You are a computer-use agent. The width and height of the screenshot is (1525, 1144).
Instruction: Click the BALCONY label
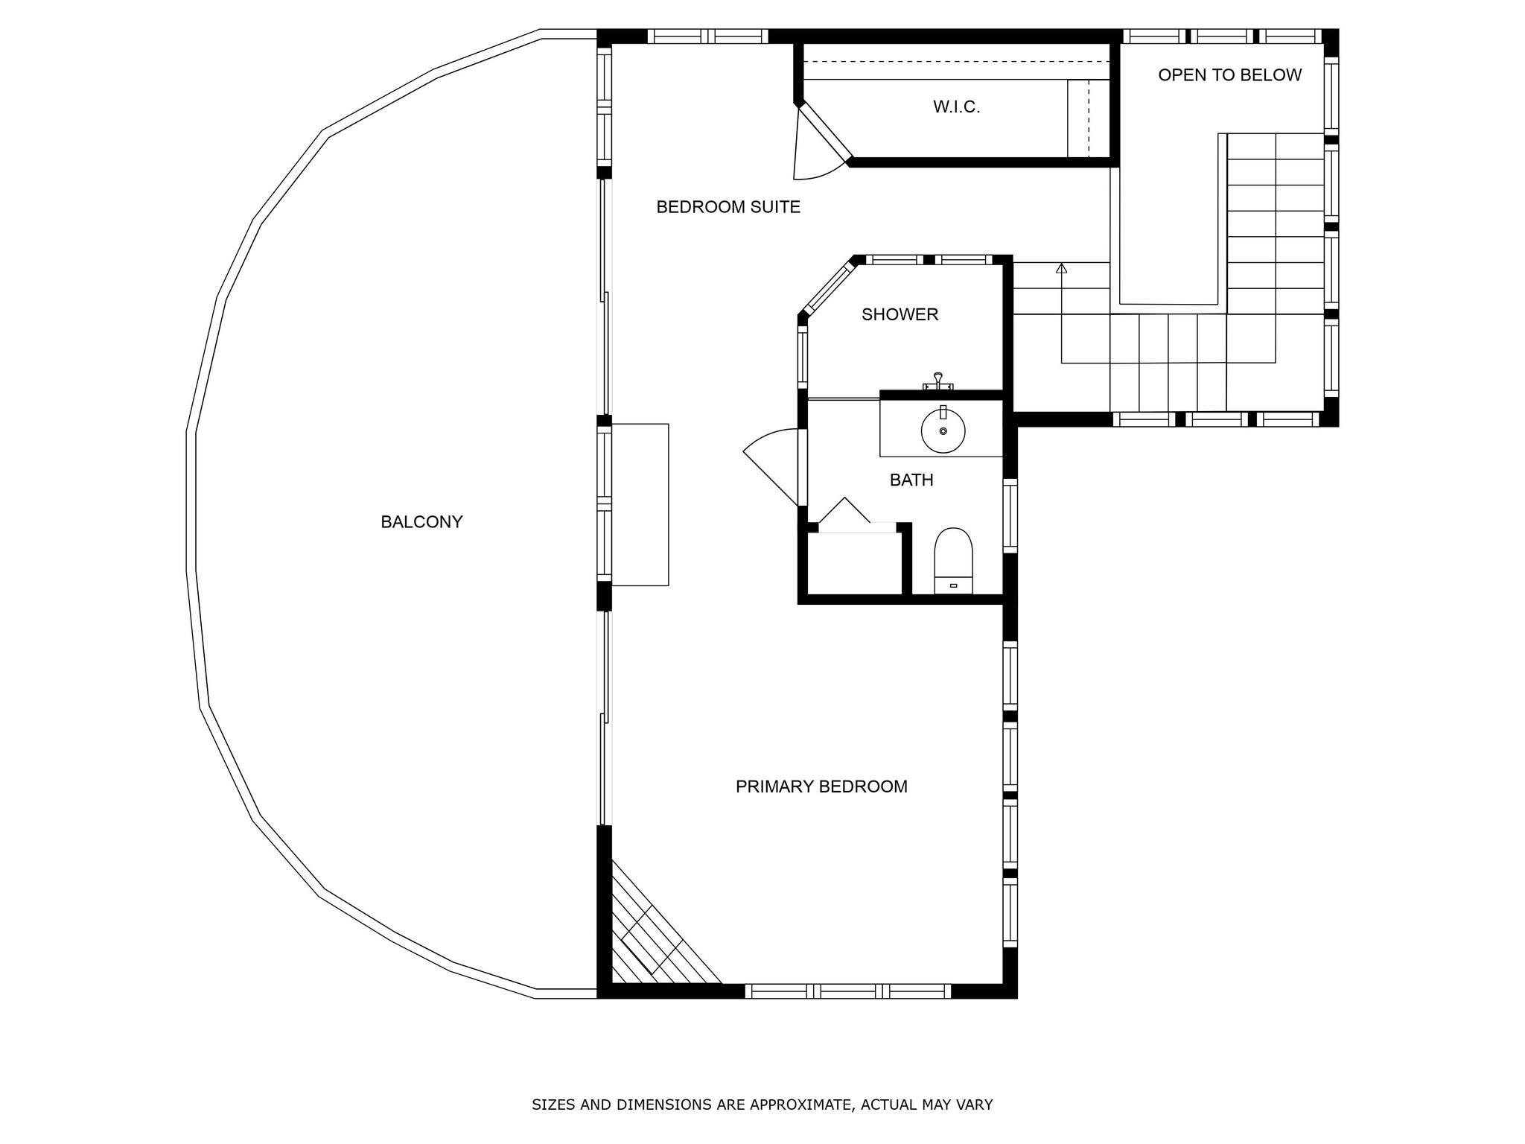coord(421,522)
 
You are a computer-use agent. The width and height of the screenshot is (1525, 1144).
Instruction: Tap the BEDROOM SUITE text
coord(728,207)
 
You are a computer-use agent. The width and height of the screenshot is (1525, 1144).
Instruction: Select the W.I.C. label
coord(957,107)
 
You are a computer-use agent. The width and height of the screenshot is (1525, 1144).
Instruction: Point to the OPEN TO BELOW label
coord(1230,74)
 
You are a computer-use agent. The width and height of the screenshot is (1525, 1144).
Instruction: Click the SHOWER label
coord(900,314)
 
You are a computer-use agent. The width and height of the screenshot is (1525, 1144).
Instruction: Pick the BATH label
coord(911,480)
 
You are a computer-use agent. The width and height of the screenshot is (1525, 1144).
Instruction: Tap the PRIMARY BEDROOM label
coord(821,786)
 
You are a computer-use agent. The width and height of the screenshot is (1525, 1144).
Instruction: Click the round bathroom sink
coord(943,430)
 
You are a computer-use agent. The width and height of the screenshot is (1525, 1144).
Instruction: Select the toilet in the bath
coord(954,561)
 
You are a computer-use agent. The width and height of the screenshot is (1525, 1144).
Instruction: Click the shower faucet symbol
coord(938,381)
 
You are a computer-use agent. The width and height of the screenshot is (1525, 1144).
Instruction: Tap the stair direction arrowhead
coord(1061,268)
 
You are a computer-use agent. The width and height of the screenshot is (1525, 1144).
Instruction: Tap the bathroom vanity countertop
coord(941,428)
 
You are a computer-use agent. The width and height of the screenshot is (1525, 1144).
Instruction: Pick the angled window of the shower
coord(828,287)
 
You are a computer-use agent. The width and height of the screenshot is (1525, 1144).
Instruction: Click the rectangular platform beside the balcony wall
coord(640,504)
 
